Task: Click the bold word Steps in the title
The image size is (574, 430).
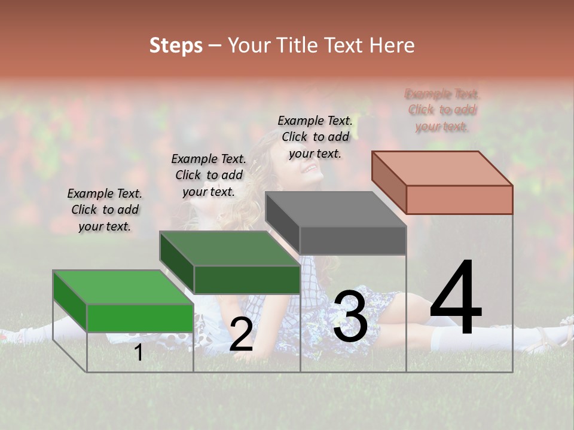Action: coord(176,45)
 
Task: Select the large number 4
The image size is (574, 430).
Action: coord(456,299)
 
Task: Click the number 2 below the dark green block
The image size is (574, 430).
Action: coord(241,335)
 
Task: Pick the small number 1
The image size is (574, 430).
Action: coord(138,353)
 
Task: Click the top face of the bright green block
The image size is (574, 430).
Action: coord(123,287)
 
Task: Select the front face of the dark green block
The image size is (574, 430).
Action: coord(247,279)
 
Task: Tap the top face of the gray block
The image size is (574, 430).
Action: coord(335,210)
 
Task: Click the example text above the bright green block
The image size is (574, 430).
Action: coord(105,210)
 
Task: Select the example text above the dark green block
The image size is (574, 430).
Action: coord(209,175)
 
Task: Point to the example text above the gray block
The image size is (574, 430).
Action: coord(315,137)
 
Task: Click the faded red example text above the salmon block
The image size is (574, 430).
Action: coord(442,110)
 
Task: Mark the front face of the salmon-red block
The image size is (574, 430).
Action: coord(459,199)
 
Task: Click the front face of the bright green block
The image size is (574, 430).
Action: coord(141,318)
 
